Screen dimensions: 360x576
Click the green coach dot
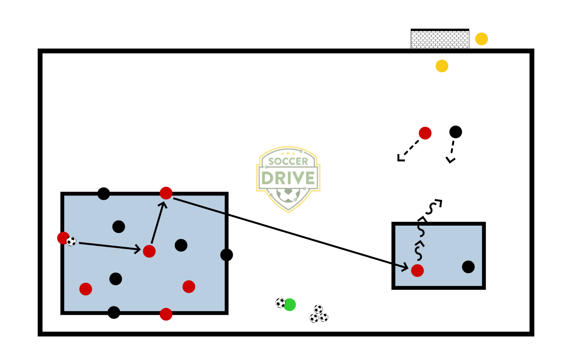(289, 305)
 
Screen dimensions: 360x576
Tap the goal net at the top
(440, 39)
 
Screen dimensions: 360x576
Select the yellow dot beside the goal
(481, 39)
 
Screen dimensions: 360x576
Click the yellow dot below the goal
(442, 66)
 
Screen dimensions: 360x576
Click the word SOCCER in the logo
(288, 161)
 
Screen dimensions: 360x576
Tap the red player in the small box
(418, 271)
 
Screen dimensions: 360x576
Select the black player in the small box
(468, 267)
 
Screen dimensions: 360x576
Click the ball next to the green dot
(280, 303)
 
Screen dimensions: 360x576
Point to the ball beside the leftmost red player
(71, 241)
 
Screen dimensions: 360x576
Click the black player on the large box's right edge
(227, 255)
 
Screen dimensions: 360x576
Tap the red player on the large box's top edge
(166, 193)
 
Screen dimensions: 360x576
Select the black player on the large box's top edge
(104, 194)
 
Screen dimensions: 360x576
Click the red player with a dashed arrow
(425, 133)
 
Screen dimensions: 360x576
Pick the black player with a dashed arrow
(456, 132)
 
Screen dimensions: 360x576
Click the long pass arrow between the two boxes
(288, 232)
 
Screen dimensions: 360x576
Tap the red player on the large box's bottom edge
(166, 314)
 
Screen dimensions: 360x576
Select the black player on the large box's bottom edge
(114, 312)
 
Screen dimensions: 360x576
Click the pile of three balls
(319, 314)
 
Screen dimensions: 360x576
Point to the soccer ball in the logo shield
(288, 194)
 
